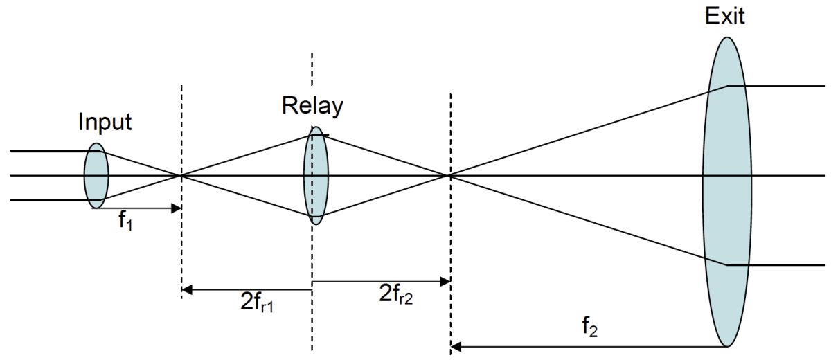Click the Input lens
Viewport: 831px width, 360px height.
point(96,176)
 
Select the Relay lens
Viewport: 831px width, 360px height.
point(316,175)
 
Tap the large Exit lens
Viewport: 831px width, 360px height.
point(726,191)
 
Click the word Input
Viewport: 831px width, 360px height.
point(105,123)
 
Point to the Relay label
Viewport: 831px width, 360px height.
point(312,106)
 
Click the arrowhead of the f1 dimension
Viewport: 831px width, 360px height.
point(177,208)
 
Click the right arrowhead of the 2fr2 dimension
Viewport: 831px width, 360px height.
point(446,282)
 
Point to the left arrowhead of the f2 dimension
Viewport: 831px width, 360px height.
point(456,345)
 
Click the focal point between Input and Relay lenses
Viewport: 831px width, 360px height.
point(181,176)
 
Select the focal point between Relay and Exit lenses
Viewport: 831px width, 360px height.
point(450,176)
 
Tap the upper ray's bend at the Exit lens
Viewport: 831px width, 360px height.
point(726,87)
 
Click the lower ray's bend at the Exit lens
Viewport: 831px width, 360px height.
point(726,265)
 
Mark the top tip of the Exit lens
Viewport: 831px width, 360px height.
point(726,37)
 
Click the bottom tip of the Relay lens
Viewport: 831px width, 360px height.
point(316,224)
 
